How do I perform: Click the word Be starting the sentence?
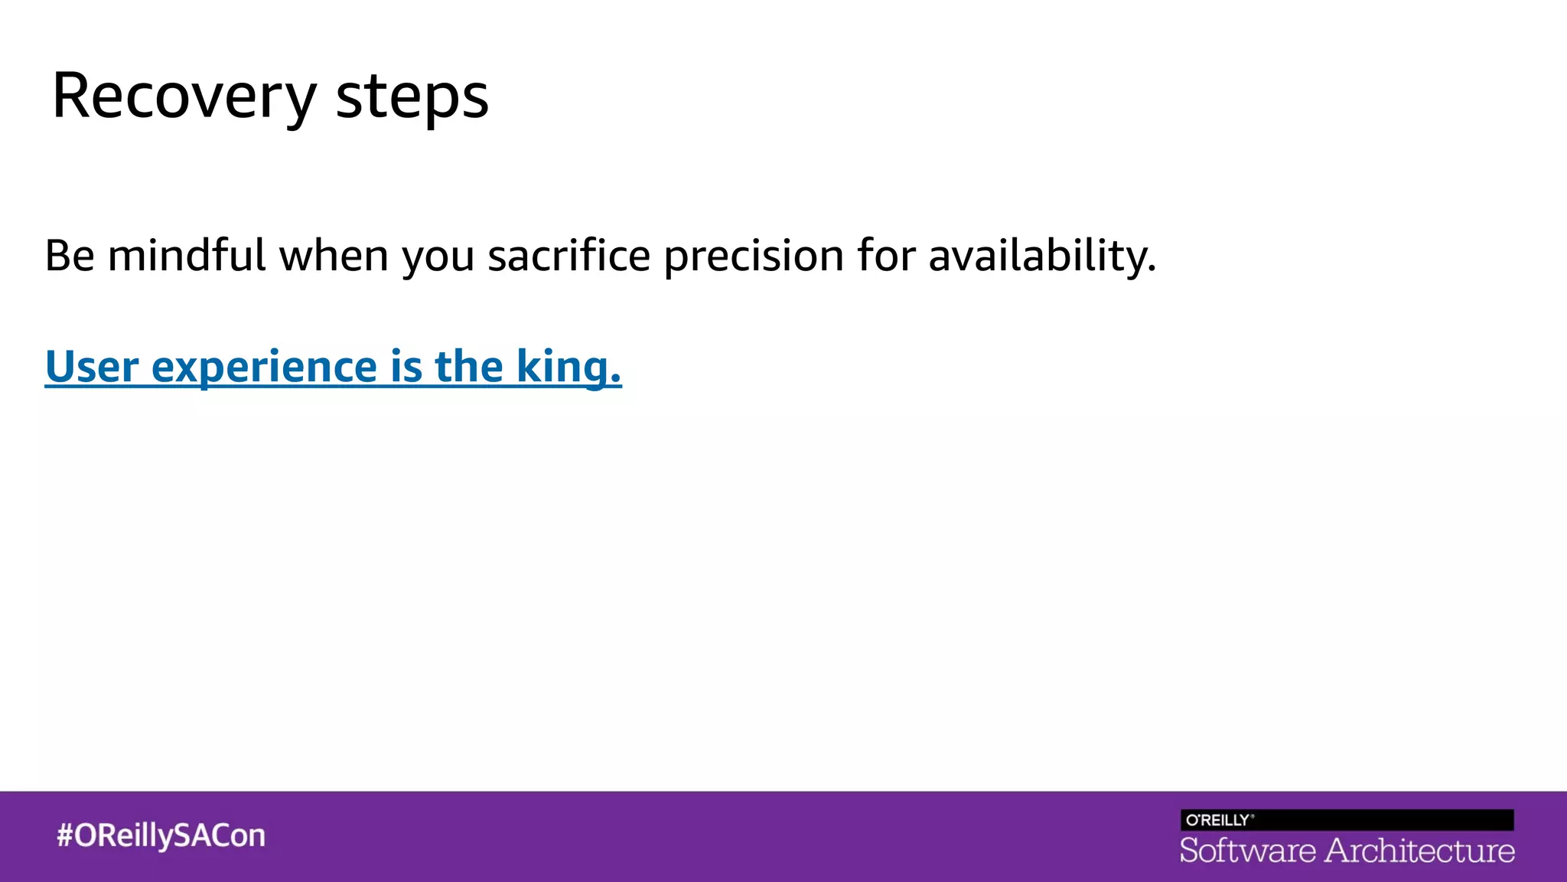[x=70, y=256]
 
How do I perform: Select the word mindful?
[x=187, y=256]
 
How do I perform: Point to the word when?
[x=334, y=256]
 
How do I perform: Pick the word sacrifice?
[x=569, y=256]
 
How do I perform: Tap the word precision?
[x=754, y=256]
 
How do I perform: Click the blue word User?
[x=92, y=367]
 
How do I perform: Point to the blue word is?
[x=406, y=367]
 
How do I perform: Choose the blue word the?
[x=469, y=367]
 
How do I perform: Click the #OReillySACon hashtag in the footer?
[x=161, y=835]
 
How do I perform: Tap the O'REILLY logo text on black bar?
[x=1219, y=820]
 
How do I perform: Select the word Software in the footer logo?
[x=1247, y=851]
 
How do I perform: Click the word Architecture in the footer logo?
[x=1420, y=851]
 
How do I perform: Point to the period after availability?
[x=1152, y=270]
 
